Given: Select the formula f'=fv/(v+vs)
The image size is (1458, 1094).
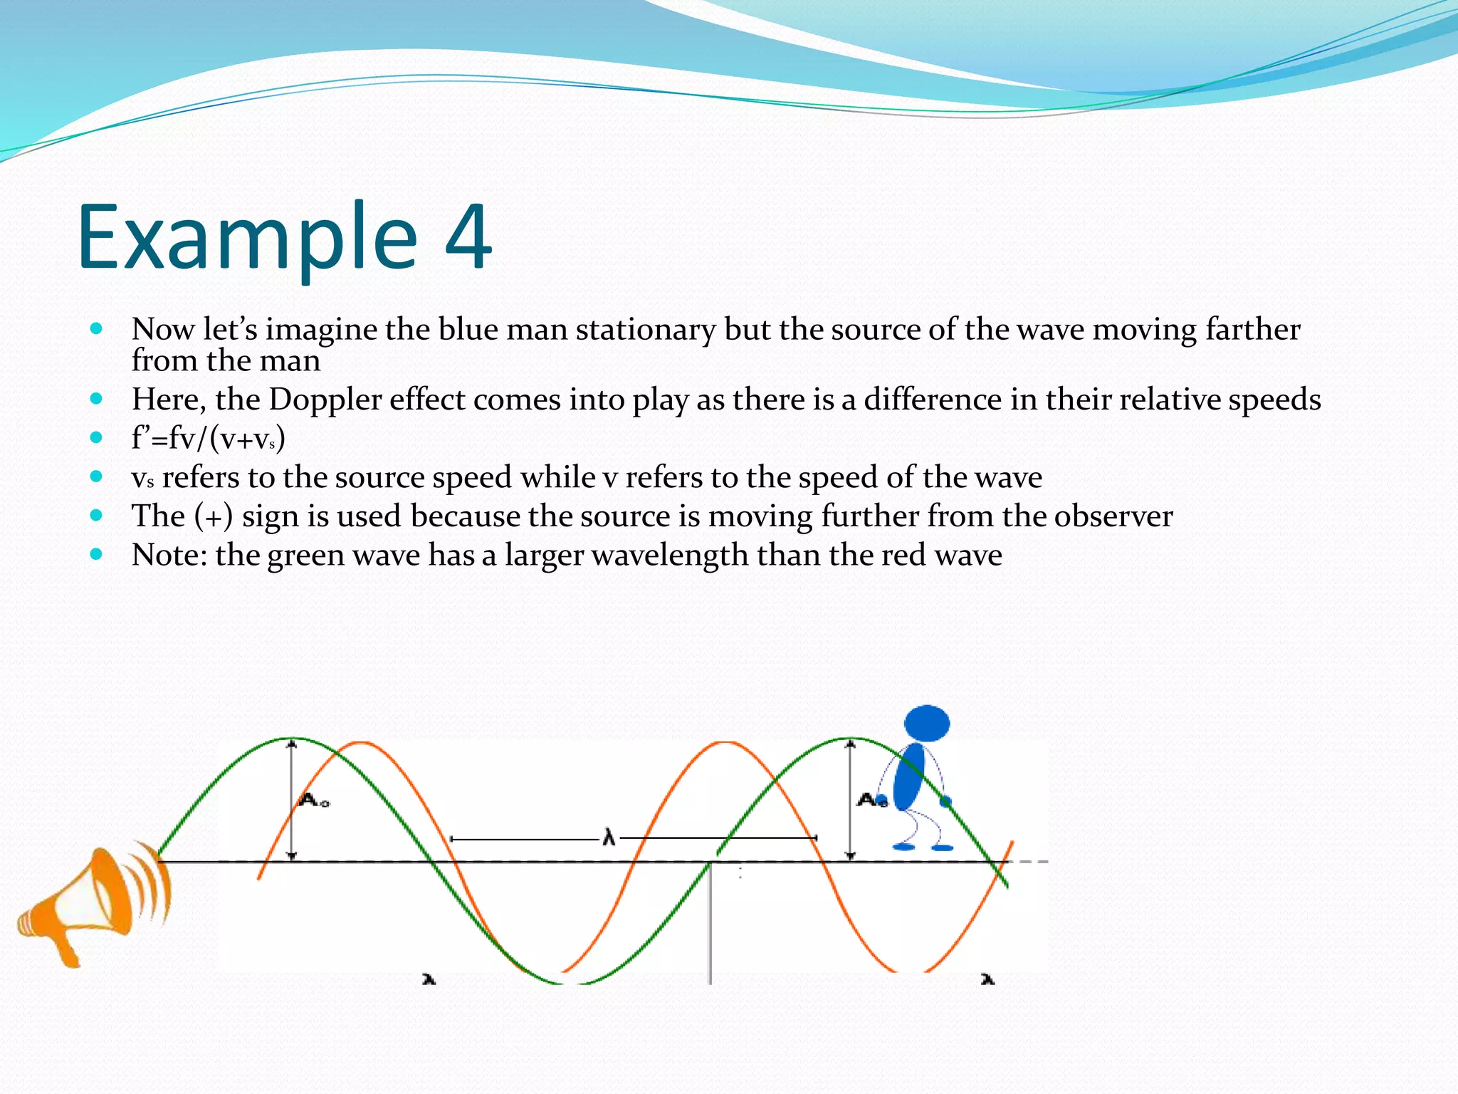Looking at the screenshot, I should click(208, 438).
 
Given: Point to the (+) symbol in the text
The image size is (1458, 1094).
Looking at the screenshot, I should click(214, 516).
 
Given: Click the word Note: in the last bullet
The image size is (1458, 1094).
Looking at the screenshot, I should click(169, 555).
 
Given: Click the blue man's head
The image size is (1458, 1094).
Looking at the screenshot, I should click(926, 724).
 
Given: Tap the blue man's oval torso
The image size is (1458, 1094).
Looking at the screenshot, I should click(908, 777).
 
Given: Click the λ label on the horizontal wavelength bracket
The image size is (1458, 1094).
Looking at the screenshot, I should click(609, 838).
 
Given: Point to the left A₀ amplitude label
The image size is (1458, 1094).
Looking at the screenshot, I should click(314, 801).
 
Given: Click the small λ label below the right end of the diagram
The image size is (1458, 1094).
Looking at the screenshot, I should click(987, 980).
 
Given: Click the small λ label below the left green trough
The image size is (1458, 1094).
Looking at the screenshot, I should click(429, 980).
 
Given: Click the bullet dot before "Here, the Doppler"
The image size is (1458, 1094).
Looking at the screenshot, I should click(97, 399).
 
